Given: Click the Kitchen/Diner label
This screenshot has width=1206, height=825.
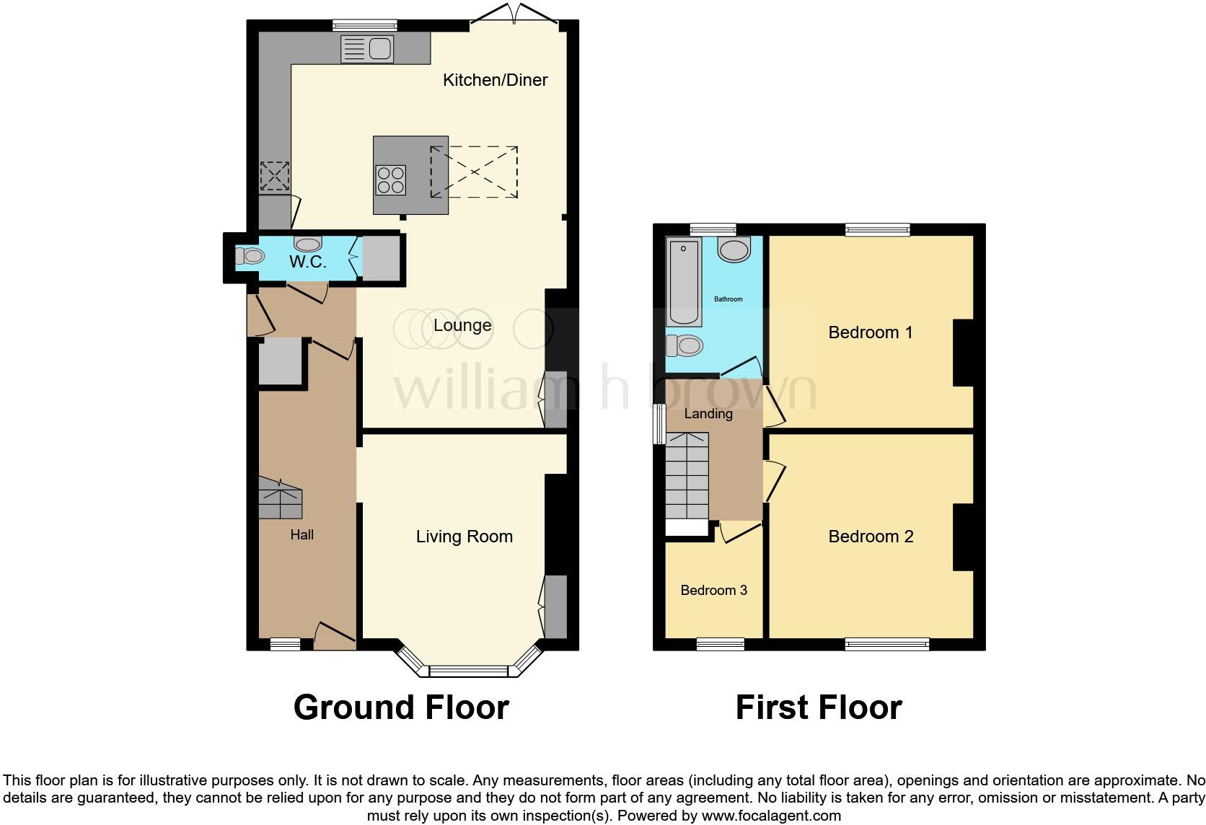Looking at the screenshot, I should pyautogui.click(x=495, y=80).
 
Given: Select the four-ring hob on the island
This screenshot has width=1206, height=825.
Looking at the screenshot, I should pyautogui.click(x=390, y=180).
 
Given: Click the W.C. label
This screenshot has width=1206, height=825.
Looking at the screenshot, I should pyautogui.click(x=308, y=262).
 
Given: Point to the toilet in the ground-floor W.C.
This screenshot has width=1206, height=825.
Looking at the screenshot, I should pyautogui.click(x=250, y=256).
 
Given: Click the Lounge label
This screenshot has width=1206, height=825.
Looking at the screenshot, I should pyautogui.click(x=462, y=325).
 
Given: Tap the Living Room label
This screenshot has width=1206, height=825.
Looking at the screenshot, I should pyautogui.click(x=464, y=537).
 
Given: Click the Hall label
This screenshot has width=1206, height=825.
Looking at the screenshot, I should pyautogui.click(x=301, y=534).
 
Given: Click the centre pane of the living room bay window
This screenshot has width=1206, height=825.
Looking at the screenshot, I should pyautogui.click(x=469, y=672).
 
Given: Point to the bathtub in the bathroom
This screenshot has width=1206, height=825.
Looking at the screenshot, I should pyautogui.click(x=684, y=283).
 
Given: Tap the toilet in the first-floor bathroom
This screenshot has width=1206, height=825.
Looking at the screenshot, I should pyautogui.click(x=685, y=346).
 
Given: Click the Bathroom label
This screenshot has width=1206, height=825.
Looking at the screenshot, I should pyautogui.click(x=728, y=299).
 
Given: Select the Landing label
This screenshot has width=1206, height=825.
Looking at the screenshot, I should pyautogui.click(x=708, y=414).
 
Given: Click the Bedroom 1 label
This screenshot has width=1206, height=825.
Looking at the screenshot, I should pyautogui.click(x=870, y=332).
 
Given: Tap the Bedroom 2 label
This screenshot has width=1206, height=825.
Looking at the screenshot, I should pyautogui.click(x=871, y=537).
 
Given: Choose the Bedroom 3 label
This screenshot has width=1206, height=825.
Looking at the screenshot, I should pyautogui.click(x=713, y=590).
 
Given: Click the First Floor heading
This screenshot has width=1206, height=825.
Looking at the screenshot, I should pyautogui.click(x=818, y=707).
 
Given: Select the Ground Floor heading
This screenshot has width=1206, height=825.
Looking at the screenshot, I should pyautogui.click(x=401, y=707).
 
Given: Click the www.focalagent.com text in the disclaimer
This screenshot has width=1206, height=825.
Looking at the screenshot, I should pyautogui.click(x=771, y=816).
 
